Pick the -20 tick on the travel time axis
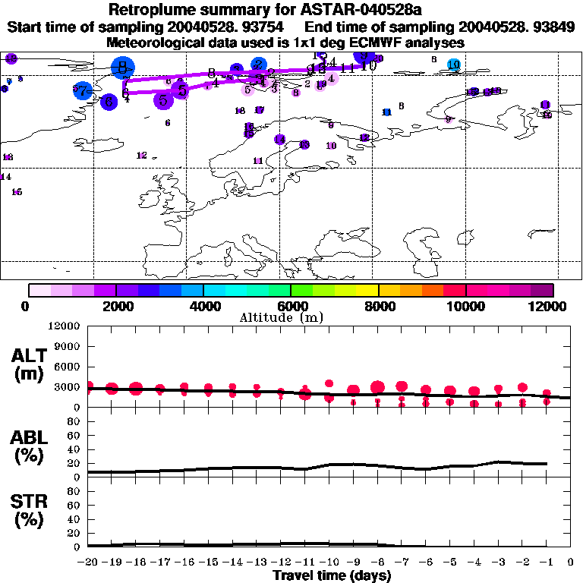pyautogui.click(x=89, y=563)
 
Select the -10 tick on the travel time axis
pyautogui.click(x=329, y=563)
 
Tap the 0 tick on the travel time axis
pyautogui.click(x=571, y=563)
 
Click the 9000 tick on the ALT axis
pyautogui.click(x=71, y=346)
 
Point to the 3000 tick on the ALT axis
pyautogui.click(x=71, y=387)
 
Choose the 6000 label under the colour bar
pyautogui.click(x=291, y=306)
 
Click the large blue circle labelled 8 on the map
pyautogui.click(x=121, y=68)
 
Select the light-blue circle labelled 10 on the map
pyautogui.click(x=453, y=65)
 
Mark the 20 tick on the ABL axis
pyautogui.click(x=76, y=464)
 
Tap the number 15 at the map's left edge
pyautogui.click(x=17, y=192)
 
